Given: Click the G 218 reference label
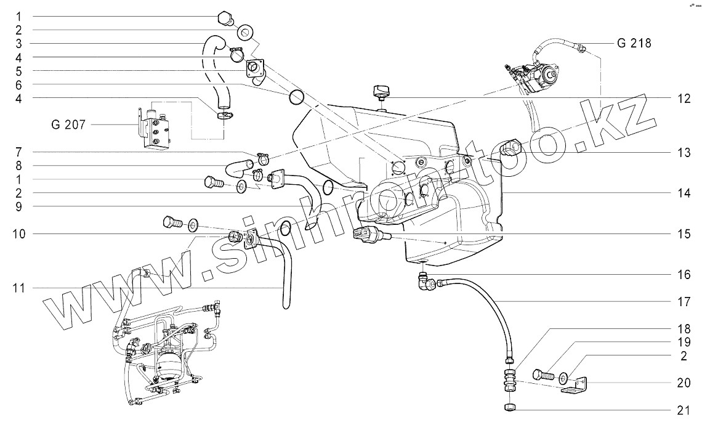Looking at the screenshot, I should point(634,44).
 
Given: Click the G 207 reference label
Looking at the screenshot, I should point(64,125).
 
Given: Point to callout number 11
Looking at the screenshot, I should point(18,288).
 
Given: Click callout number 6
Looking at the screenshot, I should point(18,84).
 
